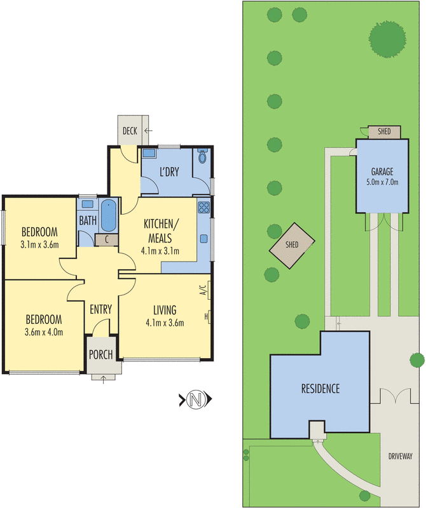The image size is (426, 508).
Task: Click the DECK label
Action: click(130, 131)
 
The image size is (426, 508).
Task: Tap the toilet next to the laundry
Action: click(202, 156)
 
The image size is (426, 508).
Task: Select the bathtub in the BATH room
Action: click(108, 216)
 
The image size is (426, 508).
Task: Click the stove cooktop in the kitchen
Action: click(203, 208)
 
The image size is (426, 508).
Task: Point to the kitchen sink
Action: click(203, 239)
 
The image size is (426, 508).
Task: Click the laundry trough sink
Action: click(149, 153)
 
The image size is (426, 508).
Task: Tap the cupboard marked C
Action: click(106, 240)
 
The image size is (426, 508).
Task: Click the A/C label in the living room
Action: click(202, 290)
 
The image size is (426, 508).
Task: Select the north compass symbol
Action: click(196, 399)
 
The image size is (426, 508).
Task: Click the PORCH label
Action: click(101, 355)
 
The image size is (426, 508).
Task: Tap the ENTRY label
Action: click(101, 309)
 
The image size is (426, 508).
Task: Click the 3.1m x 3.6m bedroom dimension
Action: click(39, 244)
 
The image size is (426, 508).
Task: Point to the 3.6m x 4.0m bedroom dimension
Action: click(44, 332)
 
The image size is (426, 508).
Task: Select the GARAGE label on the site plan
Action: click(382, 171)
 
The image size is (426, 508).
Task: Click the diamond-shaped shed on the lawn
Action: click(292, 246)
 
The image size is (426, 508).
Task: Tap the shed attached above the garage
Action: click(384, 131)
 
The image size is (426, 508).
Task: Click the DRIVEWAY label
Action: click(401, 456)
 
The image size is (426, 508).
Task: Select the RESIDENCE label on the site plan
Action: click(320, 389)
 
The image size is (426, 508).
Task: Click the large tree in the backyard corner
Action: click(387, 39)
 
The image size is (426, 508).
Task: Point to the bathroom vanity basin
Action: click(87, 204)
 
